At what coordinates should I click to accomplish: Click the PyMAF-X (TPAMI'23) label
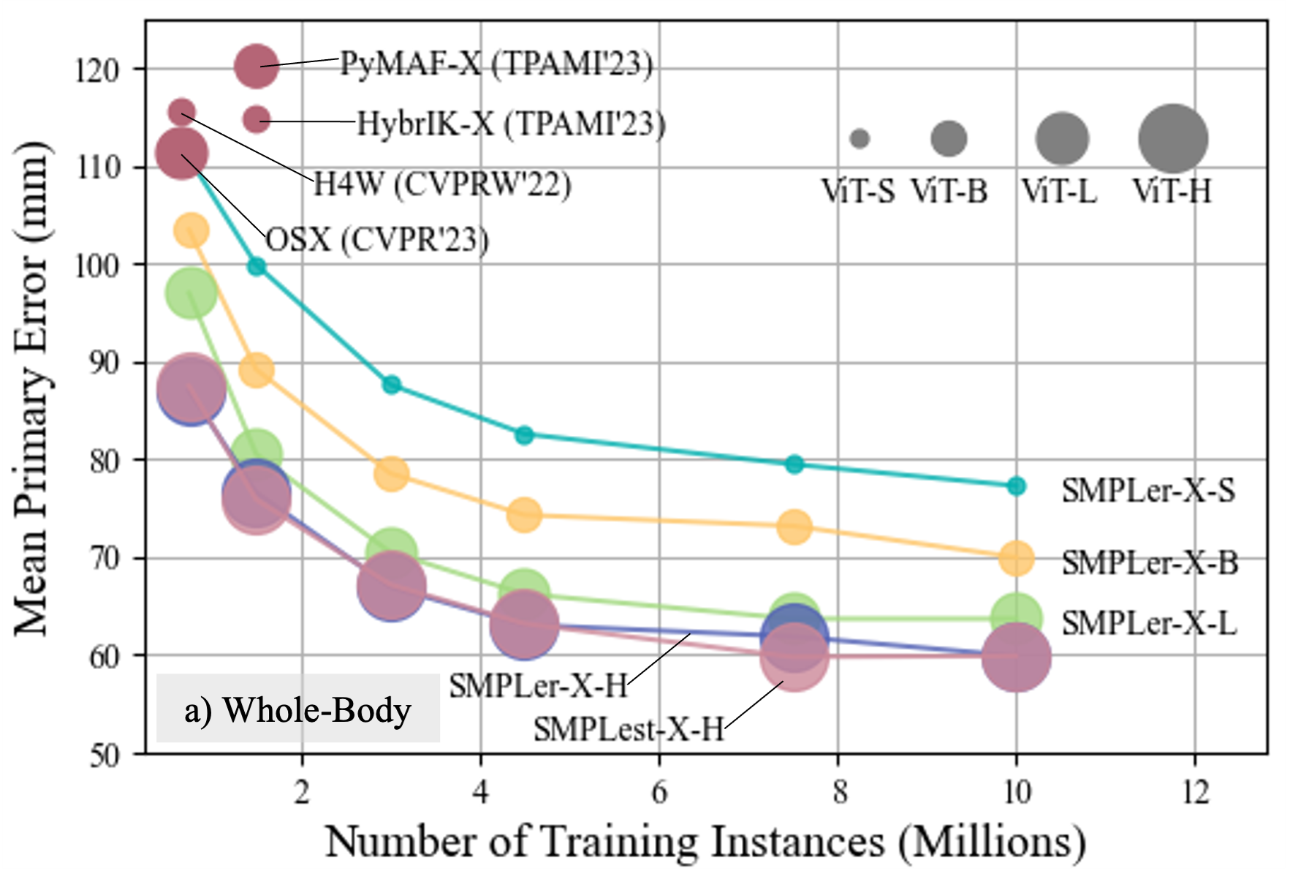click(x=496, y=64)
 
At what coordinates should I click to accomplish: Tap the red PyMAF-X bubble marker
click(x=256, y=66)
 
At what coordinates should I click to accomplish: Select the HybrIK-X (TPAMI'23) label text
click(x=511, y=124)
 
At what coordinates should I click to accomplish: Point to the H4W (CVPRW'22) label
click(x=442, y=184)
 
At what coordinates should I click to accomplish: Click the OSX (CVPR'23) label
click(x=376, y=239)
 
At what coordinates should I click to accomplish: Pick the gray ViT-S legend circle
click(x=860, y=138)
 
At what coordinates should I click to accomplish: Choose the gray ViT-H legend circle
click(x=1172, y=138)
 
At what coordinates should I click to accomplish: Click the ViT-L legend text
click(x=1059, y=192)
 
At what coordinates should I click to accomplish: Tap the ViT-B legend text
click(x=949, y=192)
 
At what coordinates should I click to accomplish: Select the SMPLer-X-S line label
click(x=1148, y=490)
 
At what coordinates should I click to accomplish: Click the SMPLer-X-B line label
click(x=1150, y=562)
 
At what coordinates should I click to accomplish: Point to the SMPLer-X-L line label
click(x=1149, y=623)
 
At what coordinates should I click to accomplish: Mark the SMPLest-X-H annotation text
click(x=629, y=729)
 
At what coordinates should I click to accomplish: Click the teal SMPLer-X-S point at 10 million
click(x=1016, y=486)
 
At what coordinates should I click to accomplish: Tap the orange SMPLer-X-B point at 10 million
click(x=1016, y=559)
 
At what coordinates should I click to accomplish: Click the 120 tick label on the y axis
click(x=96, y=70)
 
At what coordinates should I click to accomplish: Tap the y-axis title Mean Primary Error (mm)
click(x=32, y=388)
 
